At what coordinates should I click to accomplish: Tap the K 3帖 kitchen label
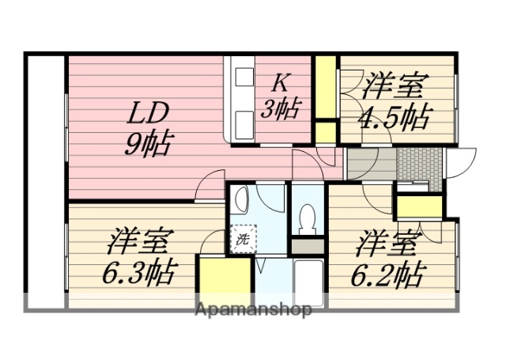click(x=281, y=96)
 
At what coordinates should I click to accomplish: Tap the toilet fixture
click(x=306, y=216)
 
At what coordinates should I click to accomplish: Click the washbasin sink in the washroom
click(x=243, y=199)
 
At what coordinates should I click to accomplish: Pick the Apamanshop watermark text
click(x=253, y=309)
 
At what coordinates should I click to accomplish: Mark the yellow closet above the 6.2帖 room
click(x=419, y=207)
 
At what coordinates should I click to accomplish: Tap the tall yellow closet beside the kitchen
click(x=325, y=87)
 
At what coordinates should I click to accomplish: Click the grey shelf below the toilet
click(x=306, y=246)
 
